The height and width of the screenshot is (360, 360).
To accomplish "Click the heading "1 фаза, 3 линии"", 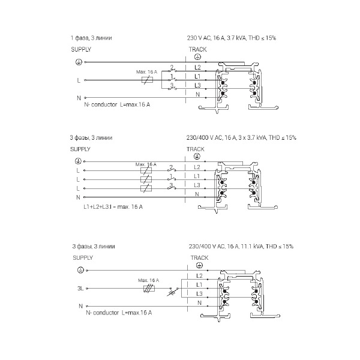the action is coord(91,38).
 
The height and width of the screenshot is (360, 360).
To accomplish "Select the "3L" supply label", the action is coord(80,289).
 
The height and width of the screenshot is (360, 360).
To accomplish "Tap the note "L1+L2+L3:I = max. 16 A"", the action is coord(113,207).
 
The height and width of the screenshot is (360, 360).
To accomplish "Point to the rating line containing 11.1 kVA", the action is coord(241,247).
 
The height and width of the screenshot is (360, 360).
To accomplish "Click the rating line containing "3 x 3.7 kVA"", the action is coord(241,138).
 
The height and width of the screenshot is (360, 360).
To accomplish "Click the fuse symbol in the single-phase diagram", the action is coord(147,80).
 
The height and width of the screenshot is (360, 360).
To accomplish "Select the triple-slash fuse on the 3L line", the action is coord(149,289).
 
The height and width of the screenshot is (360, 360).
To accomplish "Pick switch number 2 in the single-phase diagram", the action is coord(172,69).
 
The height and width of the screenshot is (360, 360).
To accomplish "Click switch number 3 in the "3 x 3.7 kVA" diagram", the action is coord(172,187).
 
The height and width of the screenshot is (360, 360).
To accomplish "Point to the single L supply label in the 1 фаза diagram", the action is coord(79,80).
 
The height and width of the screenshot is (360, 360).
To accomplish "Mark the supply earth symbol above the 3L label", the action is coord(80,270).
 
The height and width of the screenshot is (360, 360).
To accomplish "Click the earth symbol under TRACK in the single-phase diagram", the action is coord(197,57).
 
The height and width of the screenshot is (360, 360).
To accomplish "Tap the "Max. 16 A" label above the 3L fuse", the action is coord(148,280).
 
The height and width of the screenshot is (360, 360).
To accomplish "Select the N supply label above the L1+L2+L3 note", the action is coord(78,197).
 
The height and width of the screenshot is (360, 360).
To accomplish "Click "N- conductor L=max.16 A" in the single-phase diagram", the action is coord(117,104).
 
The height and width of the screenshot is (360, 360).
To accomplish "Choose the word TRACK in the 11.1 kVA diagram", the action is coord(199,258).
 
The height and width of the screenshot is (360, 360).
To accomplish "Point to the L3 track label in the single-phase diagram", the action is coord(197,85).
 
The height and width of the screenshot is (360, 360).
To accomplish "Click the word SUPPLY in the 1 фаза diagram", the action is coord(81,50).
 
